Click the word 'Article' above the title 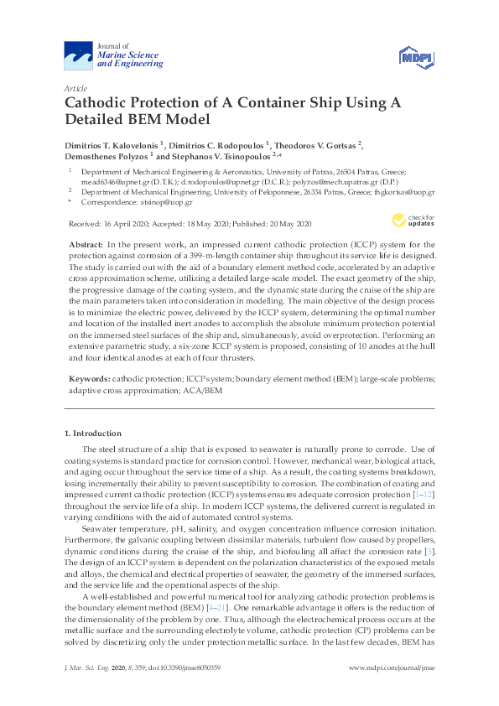pyautogui.click(x=75, y=88)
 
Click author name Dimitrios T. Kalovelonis pyautogui.click(x=112, y=144)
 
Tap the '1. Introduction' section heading pyautogui.click(x=93, y=433)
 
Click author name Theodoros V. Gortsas pyautogui.click(x=315, y=144)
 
